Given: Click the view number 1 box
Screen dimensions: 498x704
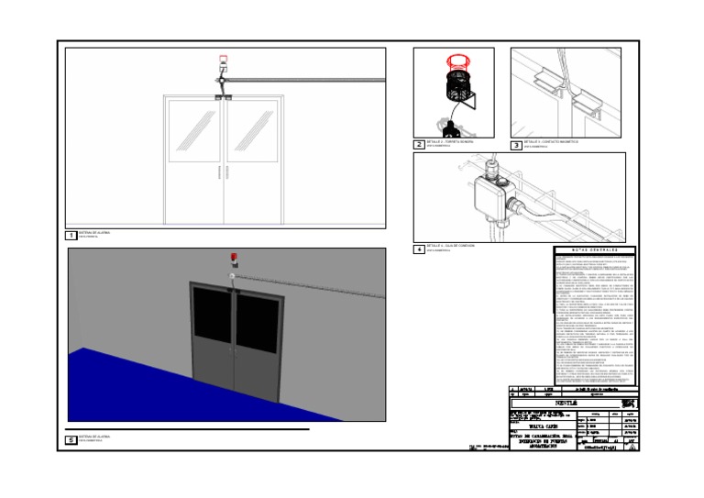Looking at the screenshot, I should pos(71,235).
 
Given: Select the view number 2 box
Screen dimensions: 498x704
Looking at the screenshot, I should pos(419,145).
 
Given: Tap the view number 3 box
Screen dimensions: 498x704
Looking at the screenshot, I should pos(516,145).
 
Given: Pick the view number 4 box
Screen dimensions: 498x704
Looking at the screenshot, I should pos(419,249).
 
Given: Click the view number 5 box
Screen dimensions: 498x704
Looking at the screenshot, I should pos(71,439).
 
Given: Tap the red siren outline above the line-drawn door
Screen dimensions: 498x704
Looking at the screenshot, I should pos(223,63).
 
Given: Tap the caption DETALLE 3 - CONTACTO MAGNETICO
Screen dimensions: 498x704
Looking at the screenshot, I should pos(546,143).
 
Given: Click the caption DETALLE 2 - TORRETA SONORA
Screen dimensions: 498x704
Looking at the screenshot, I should pos(448,143).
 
